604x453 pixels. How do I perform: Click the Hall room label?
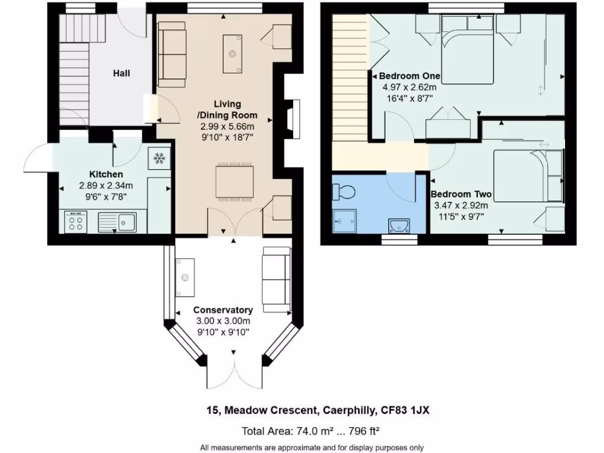tap(122, 73)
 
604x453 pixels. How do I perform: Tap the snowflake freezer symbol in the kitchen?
tap(158, 158)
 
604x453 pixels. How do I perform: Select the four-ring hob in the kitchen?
tap(76, 223)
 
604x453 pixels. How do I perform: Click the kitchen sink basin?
tap(126, 222)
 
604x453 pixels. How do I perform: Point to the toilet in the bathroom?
tap(343, 192)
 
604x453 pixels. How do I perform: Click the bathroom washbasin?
tap(401, 225)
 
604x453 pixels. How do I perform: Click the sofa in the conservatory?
tap(276, 279)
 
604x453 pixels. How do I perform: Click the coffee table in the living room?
tap(233, 53)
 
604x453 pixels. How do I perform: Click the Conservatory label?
tap(223, 310)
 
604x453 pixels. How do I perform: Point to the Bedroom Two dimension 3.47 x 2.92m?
tap(461, 205)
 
